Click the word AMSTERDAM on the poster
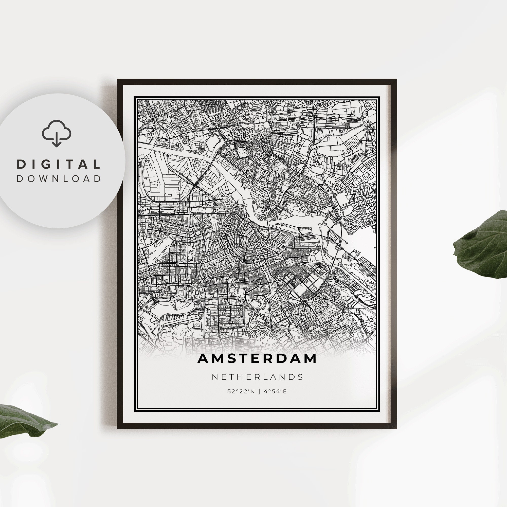(257, 359)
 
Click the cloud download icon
(57, 133)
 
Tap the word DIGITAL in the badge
(58, 165)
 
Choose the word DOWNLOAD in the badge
(59, 179)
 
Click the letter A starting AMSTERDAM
(203, 359)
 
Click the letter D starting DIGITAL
(21, 165)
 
